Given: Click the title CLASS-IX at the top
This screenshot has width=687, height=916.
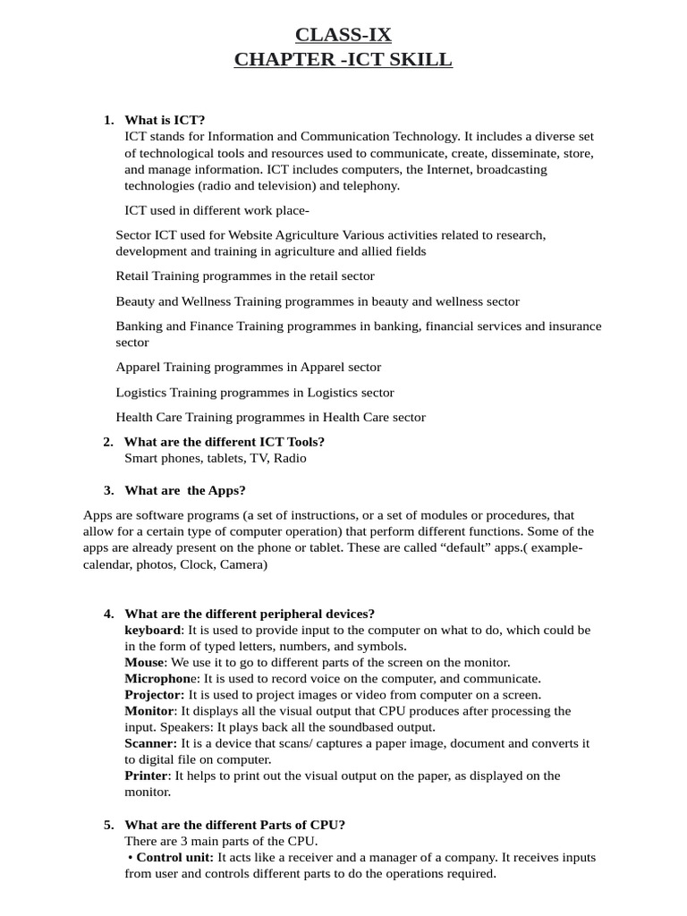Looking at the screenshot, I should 343,35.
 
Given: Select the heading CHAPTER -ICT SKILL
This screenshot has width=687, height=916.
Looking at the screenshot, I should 343,60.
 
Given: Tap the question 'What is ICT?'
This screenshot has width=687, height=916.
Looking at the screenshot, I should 165,120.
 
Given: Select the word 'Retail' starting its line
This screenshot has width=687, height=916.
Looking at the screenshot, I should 133,276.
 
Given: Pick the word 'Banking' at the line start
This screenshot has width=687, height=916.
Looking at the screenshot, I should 140,327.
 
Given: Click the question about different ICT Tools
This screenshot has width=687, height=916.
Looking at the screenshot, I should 224,442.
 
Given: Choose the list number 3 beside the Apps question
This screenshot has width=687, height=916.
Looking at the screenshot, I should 108,490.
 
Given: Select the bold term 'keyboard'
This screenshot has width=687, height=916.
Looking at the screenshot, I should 151,630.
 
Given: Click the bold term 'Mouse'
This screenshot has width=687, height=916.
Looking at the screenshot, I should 144,662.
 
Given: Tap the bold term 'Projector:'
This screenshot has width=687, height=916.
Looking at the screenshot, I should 154,694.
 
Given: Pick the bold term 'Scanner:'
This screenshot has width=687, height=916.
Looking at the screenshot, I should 150,743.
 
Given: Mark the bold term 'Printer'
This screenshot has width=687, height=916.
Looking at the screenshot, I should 147,776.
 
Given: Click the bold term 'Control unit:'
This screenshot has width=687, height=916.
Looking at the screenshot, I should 174,857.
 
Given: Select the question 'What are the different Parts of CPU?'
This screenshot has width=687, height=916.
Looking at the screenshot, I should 234,825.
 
